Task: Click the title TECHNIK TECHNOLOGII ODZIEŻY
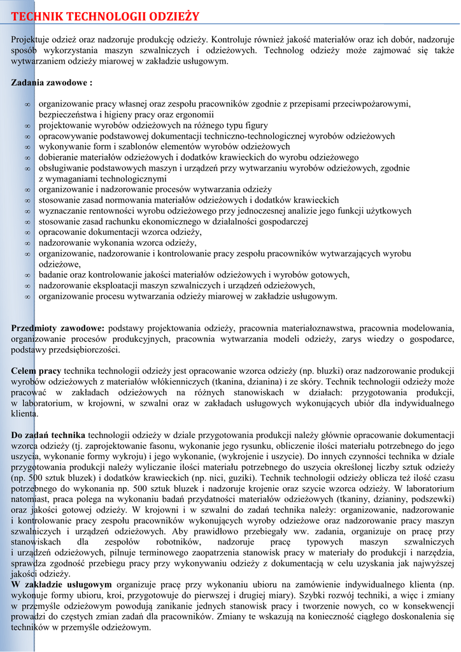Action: (105, 16)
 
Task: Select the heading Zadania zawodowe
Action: (52, 83)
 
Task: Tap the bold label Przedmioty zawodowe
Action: (58, 328)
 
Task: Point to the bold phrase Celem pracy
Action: (36, 371)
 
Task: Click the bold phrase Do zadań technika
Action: (48, 435)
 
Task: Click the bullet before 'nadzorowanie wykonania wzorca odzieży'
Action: (27, 243)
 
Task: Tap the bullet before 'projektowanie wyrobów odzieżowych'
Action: (27, 126)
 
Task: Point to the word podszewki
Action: (432, 500)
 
